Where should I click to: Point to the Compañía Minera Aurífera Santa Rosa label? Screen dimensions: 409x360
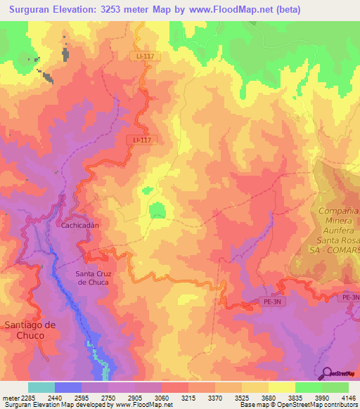333,230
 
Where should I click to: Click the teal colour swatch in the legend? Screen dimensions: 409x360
41,387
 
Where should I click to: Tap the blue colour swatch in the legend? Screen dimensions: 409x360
68,387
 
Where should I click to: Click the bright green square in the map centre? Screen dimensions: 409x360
156,210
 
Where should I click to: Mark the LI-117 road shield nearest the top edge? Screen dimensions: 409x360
141,56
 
